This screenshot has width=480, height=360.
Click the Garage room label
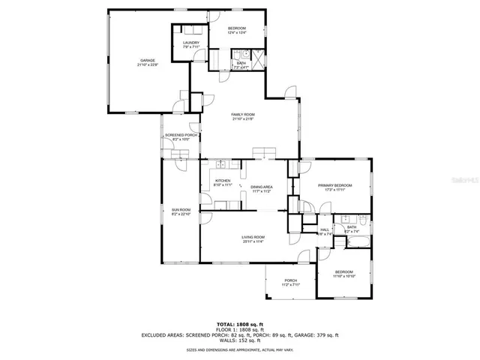pos(147,61)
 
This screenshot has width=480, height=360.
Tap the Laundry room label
pos(191,43)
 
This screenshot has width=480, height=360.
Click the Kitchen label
pos(223,181)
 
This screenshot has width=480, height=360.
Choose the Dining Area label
pos(261,187)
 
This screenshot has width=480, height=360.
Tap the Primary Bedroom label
pos(334,185)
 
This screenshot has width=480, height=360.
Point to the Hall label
pos(325,229)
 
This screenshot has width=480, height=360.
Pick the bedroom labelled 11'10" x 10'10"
pos(343,271)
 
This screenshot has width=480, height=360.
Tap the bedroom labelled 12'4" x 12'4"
pos(237,28)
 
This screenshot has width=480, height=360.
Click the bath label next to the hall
pos(351,226)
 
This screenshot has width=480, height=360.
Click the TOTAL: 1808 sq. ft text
pos(240,323)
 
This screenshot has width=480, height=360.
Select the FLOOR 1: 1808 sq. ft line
pos(240,329)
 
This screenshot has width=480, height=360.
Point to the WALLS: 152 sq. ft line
pos(240,341)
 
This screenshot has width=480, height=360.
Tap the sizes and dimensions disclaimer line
pos(240,349)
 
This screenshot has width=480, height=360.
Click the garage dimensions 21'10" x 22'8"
pos(147,65)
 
